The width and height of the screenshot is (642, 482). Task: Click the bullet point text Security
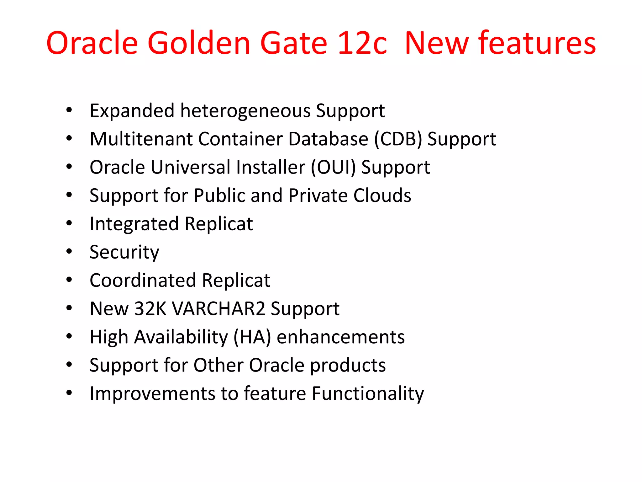(124, 252)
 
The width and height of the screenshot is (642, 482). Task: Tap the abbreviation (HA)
(252, 337)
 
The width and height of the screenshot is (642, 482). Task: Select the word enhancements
(340, 337)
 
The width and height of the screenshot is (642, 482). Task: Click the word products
(348, 366)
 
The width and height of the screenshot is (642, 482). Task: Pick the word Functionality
(368, 394)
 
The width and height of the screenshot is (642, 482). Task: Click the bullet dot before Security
(69, 251)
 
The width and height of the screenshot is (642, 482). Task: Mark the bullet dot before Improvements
(69, 393)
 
